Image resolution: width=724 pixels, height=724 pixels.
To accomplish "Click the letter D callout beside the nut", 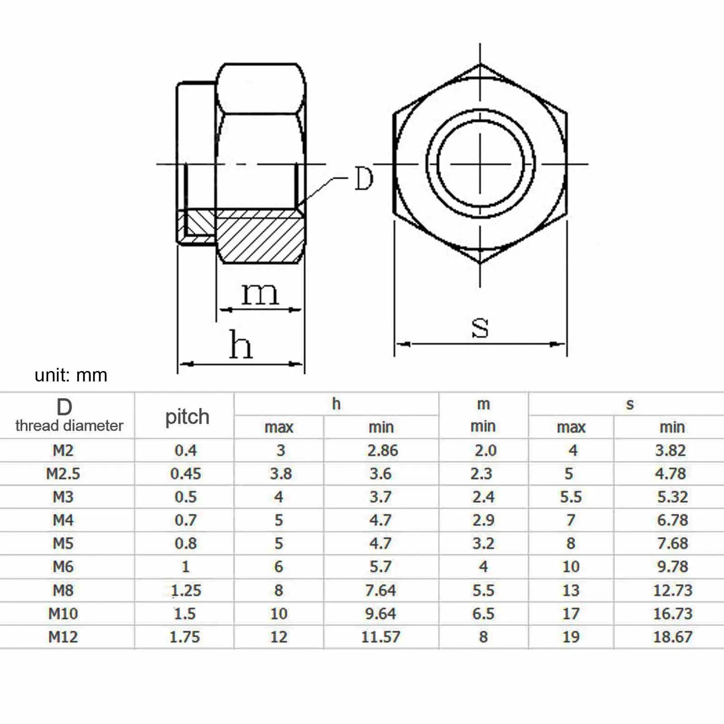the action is click(363, 178).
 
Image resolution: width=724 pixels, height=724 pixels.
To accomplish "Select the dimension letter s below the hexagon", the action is click(480, 327).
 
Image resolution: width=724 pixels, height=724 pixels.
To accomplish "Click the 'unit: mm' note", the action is click(71, 375).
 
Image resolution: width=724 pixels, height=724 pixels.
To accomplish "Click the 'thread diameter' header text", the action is click(69, 426).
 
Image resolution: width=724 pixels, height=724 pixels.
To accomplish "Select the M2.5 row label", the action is click(63, 474).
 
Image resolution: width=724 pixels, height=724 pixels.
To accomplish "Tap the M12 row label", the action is click(63, 637).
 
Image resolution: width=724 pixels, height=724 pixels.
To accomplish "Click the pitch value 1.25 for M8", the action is click(186, 590).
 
